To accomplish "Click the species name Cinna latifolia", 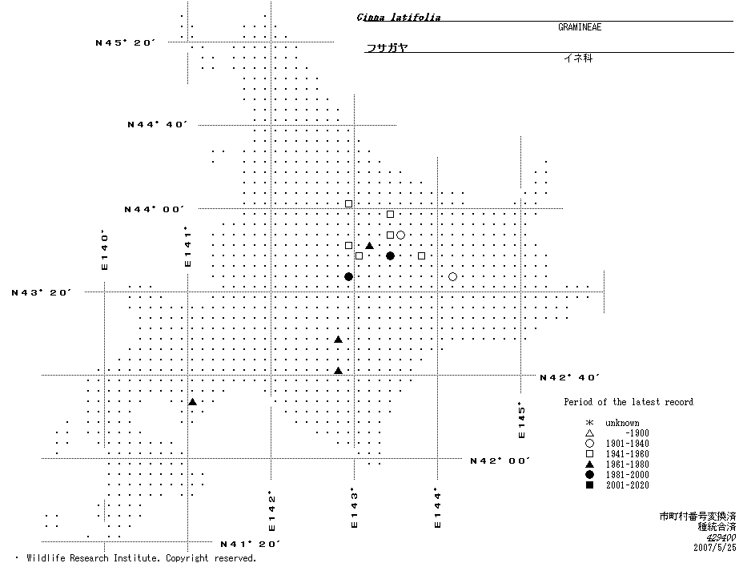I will click(x=399, y=18).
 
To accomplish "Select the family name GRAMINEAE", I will click(x=580, y=27).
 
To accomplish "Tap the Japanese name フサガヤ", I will click(x=387, y=48).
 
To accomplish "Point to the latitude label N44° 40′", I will click(x=157, y=125).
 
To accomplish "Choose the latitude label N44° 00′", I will click(x=154, y=209).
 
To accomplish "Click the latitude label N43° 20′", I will click(x=42, y=293).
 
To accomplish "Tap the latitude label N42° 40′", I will click(x=570, y=377).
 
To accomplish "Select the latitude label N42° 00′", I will click(x=500, y=460).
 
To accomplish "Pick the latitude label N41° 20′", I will click(x=250, y=544).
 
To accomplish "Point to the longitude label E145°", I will click(x=521, y=420).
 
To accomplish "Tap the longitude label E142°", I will click(x=272, y=512).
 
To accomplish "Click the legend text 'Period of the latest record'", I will click(x=629, y=402).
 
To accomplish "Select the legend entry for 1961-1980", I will click(x=627, y=464).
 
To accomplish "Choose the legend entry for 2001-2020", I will click(x=627, y=485).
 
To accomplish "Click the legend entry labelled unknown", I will click(x=622, y=423).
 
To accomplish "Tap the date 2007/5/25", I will click(x=714, y=548).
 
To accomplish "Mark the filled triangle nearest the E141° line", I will click(x=192, y=401).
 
